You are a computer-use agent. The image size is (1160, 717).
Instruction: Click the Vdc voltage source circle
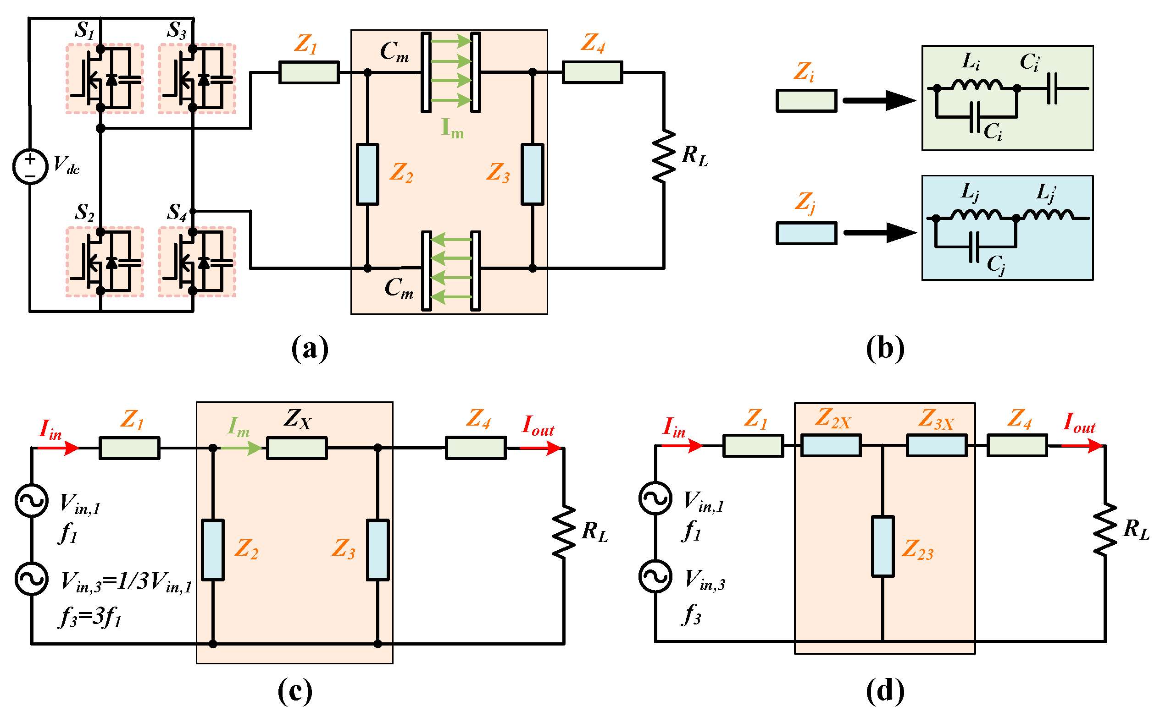pos(30,166)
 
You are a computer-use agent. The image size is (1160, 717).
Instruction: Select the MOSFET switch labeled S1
pos(105,79)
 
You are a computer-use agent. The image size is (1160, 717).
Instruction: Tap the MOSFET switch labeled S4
pos(196,262)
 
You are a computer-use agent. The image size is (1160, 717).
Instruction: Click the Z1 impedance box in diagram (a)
pos(309,72)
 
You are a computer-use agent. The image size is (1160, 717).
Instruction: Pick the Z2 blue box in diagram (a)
pos(367,174)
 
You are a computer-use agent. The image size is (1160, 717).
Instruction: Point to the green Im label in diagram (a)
pos(452,128)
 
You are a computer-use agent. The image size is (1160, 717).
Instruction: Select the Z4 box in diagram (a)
pos(592,72)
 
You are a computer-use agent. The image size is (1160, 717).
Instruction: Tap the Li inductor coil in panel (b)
pos(977,85)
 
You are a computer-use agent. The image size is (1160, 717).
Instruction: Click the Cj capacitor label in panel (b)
pos(996,265)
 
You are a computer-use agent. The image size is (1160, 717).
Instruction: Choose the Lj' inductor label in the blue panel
pos(1046,192)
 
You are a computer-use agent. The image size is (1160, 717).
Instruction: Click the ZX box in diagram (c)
pos(297,448)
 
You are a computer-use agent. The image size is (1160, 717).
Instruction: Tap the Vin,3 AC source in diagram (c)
pos(31,579)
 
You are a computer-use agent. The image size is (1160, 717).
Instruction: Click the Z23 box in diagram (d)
pos(882,546)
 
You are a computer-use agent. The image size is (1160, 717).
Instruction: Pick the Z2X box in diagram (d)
pos(831,446)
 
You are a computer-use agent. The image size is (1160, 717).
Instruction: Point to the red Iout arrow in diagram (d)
pos(1081,446)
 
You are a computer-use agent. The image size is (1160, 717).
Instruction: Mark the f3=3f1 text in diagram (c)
pos(90,618)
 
